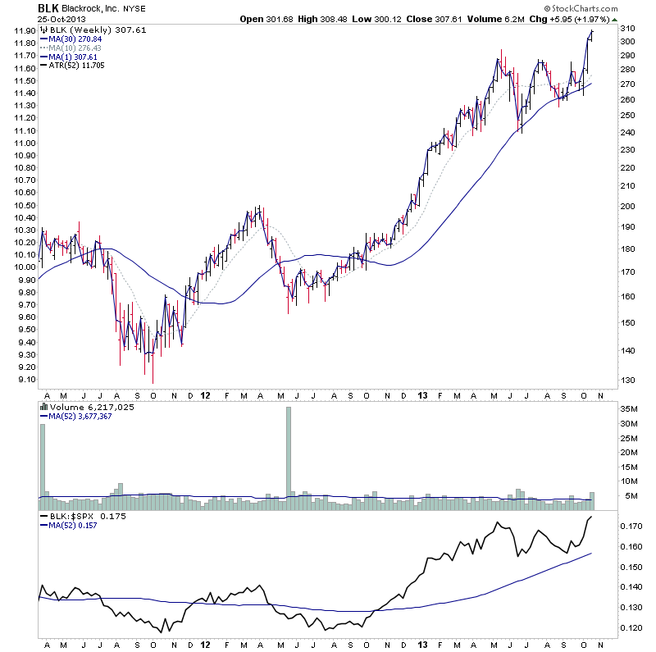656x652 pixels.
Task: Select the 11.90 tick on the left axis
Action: tap(21, 31)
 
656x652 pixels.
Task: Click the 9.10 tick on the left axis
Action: tap(21, 380)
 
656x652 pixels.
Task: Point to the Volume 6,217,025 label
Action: tap(90, 407)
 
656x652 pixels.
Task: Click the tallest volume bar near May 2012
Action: tap(289, 453)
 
